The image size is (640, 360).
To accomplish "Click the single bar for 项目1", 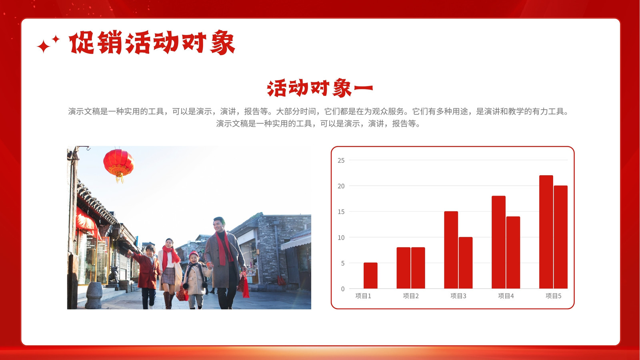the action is [x=370, y=276].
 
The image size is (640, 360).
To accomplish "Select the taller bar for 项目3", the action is [x=451, y=250].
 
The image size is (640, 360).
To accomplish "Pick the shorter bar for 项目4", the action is [x=513, y=252].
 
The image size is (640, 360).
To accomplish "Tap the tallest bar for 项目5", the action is [x=546, y=232].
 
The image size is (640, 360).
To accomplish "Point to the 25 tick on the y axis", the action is [x=341, y=160].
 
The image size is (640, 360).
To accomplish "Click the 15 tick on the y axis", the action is [x=341, y=212].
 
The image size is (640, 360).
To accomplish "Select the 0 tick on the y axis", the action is [x=343, y=289].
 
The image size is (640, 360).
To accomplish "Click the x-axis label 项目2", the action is [x=410, y=296].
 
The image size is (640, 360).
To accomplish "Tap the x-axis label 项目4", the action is [x=506, y=296].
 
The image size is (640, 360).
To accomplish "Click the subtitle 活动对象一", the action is [x=320, y=88].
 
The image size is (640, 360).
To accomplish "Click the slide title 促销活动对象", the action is [x=152, y=42].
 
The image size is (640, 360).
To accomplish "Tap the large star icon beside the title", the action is [x=44, y=46].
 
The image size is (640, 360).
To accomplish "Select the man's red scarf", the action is [x=224, y=248].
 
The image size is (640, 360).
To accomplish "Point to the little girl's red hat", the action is [x=194, y=254].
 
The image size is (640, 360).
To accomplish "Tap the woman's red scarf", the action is [x=170, y=257].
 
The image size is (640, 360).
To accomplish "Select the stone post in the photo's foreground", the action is [x=94, y=296].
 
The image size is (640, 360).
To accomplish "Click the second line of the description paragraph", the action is [x=318, y=124].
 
